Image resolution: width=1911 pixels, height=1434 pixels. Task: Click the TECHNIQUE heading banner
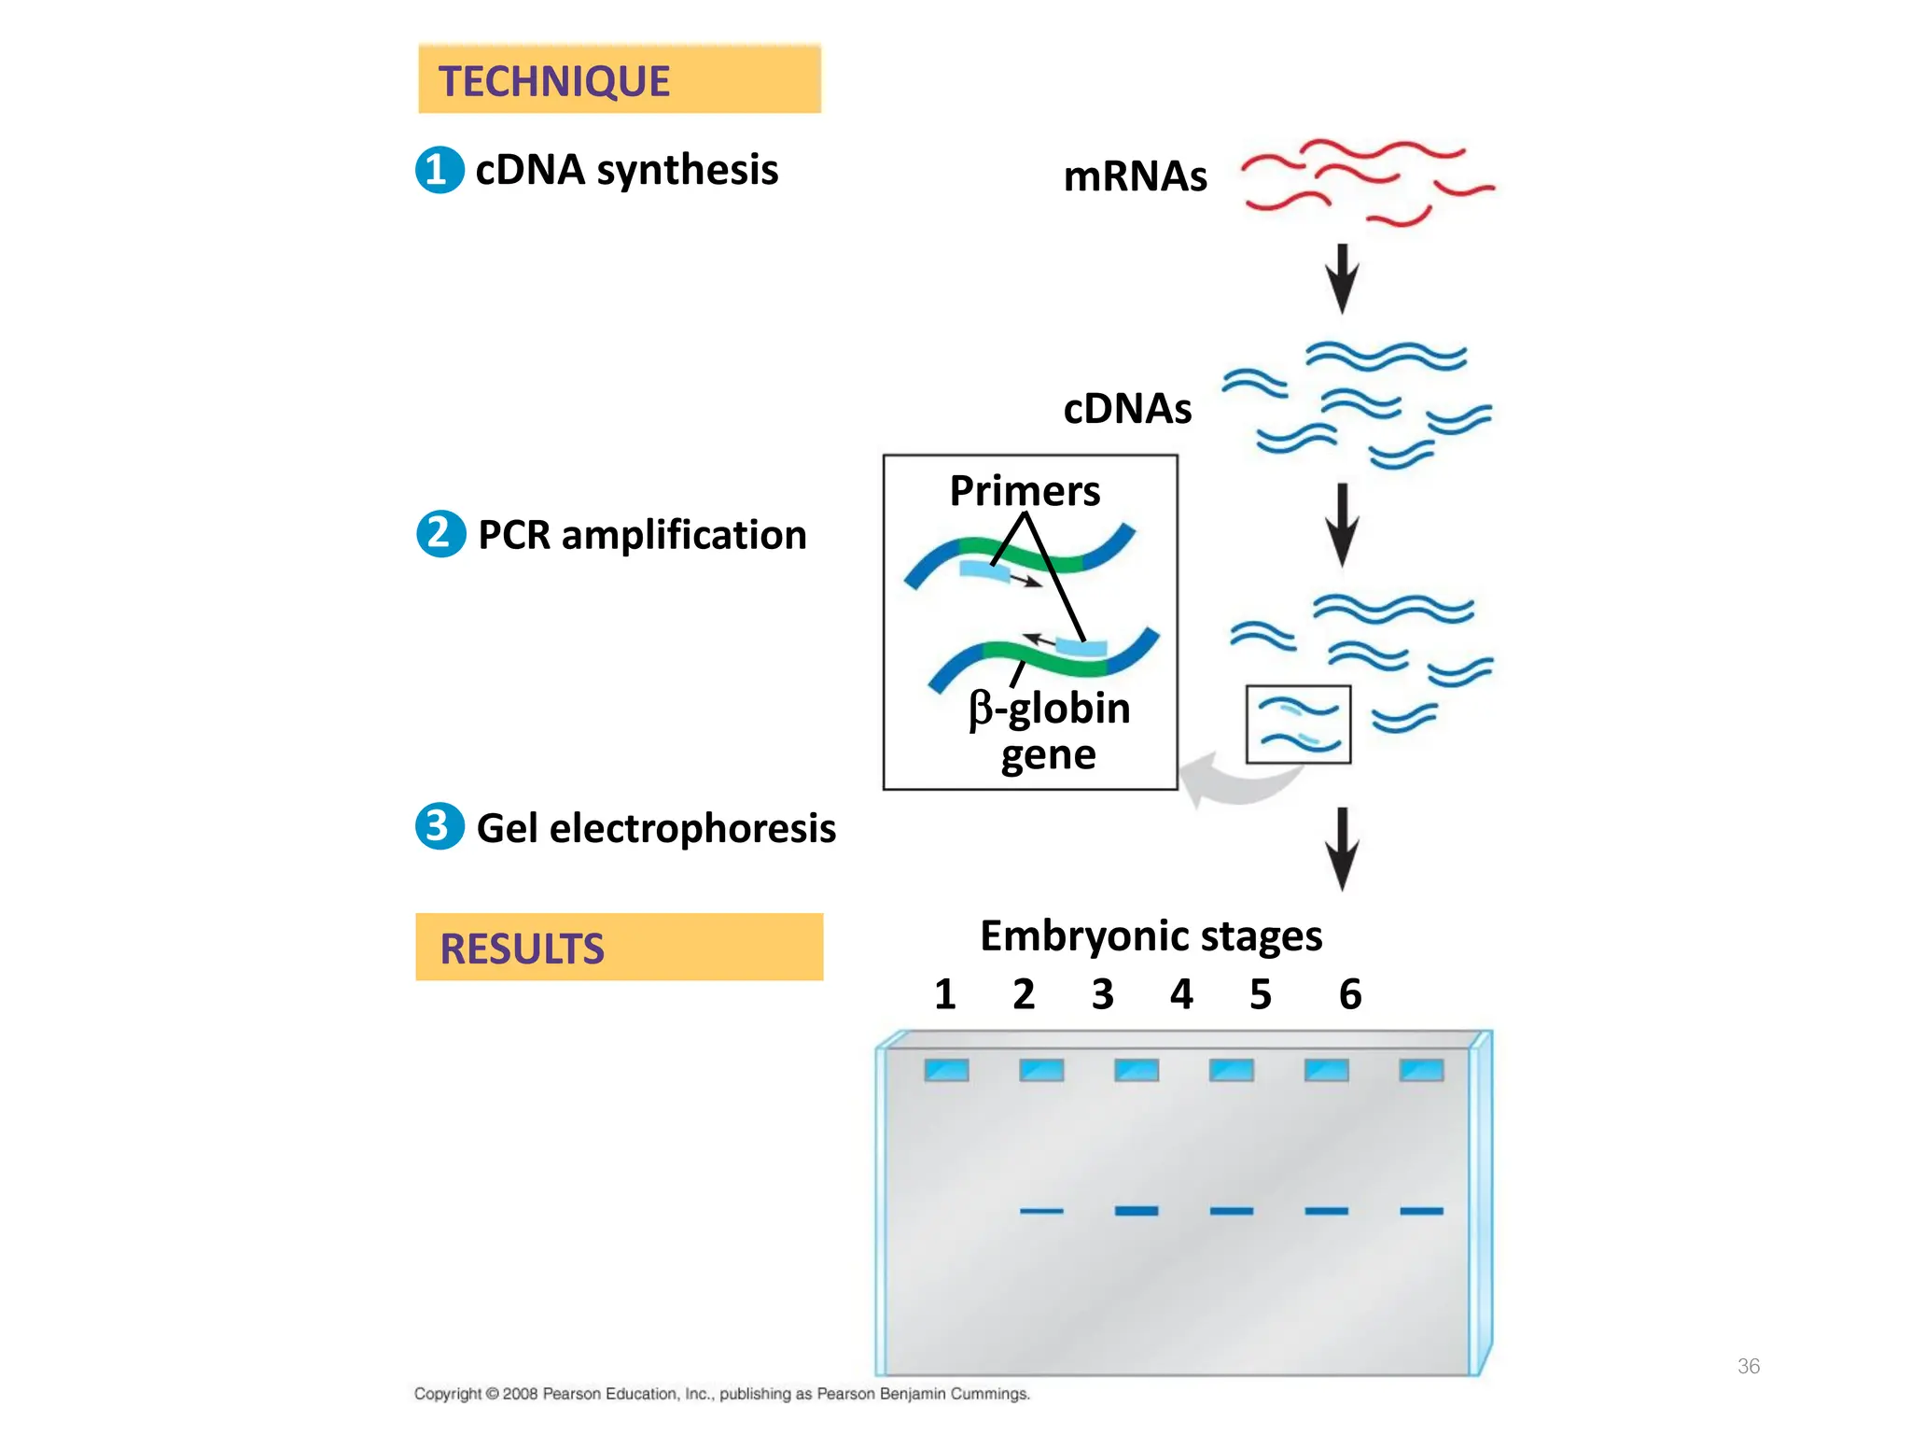(619, 80)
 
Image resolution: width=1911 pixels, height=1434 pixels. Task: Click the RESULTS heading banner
(619, 947)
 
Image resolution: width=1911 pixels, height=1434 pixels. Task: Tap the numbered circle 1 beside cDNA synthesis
(439, 170)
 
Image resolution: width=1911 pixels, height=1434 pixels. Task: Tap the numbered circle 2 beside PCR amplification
(440, 533)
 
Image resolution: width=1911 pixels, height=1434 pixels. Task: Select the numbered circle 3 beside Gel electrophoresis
(439, 826)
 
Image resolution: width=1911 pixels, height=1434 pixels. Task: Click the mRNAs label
(1135, 176)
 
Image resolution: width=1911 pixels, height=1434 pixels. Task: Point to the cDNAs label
(1127, 409)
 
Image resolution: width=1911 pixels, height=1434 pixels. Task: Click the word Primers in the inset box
(1025, 491)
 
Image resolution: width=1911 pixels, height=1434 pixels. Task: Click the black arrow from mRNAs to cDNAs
(1342, 278)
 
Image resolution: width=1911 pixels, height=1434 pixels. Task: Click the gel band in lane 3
(1137, 1211)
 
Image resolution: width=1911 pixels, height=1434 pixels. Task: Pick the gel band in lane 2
(1041, 1211)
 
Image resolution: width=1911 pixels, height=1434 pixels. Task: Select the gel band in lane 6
(1421, 1211)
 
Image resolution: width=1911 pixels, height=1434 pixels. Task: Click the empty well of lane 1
(946, 1070)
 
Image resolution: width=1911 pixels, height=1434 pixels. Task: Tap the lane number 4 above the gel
(1181, 994)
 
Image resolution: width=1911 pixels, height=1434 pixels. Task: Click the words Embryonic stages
(1151, 935)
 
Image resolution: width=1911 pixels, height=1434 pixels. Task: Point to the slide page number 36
(1748, 1366)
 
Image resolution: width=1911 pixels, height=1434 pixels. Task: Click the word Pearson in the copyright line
(571, 1394)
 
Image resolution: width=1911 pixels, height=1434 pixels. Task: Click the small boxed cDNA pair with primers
(1298, 724)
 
